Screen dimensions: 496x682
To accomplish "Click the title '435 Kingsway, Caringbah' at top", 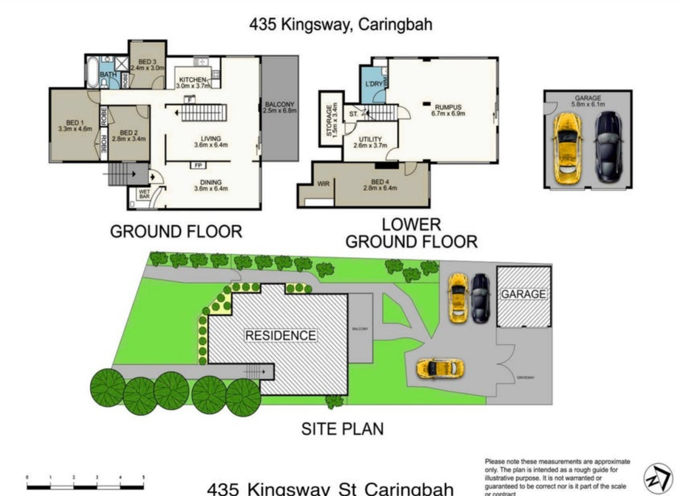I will [340, 24].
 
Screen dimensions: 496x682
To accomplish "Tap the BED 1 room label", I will [75, 125].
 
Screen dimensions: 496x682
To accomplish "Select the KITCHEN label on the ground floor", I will [192, 82].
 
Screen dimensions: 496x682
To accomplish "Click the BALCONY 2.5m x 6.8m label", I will [280, 107].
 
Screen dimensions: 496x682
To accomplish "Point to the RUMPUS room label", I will [448, 109].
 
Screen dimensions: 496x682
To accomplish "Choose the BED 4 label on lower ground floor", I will [384, 185].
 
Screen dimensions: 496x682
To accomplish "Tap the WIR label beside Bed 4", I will [323, 184].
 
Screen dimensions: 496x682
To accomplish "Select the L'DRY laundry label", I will [374, 84].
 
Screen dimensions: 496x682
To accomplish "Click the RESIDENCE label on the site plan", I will [280, 335].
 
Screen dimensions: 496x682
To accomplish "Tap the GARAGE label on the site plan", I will [523, 294].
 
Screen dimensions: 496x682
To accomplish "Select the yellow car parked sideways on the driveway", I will [440, 368].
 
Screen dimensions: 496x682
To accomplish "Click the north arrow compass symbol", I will [658, 478].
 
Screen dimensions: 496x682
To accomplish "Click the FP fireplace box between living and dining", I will [198, 166].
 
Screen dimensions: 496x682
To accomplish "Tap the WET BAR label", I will [144, 194].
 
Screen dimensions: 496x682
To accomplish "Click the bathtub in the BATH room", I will [93, 72].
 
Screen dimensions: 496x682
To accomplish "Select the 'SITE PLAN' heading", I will [342, 428].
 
